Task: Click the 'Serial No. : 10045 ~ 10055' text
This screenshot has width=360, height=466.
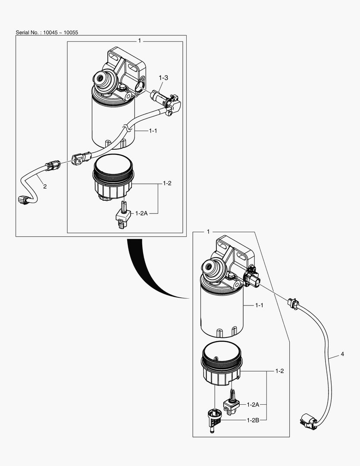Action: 44,32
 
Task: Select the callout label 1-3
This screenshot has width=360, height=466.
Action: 163,78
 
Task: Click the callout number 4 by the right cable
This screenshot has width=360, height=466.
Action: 342,354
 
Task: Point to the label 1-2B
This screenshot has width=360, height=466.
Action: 253,420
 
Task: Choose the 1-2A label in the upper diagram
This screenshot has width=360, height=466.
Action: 142,213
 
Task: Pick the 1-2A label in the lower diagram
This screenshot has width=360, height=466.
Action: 253,405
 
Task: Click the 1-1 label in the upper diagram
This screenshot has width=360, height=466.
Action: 153,130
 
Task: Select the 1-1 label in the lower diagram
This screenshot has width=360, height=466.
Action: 259,305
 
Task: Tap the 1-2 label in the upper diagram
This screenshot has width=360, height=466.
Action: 167,183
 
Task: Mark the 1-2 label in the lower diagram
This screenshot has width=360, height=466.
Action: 279,371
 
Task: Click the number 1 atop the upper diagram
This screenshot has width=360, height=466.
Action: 139,40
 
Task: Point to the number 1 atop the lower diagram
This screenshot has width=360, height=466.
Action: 208,232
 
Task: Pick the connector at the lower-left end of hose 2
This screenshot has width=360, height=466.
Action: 24,199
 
